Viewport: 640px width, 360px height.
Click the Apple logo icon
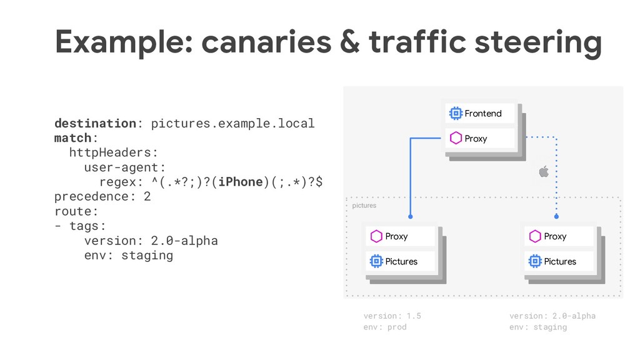[544, 171]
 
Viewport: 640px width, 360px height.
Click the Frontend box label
[483, 113]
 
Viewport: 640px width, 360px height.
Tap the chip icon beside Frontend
[455, 113]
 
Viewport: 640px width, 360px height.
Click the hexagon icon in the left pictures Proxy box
[376, 236]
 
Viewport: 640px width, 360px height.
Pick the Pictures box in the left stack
[400, 261]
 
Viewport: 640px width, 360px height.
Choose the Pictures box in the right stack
[559, 261]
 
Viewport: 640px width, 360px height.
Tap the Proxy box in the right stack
[559, 236]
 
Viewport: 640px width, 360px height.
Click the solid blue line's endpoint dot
[411, 217]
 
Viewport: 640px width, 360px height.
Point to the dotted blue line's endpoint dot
[556, 217]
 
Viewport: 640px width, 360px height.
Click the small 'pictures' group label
[364, 205]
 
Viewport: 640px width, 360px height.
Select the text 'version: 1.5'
[392, 316]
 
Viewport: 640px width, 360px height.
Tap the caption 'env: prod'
[384, 327]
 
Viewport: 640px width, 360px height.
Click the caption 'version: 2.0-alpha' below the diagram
[552, 316]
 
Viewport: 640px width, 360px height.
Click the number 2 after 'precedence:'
[147, 196]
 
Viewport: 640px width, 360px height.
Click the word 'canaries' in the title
[266, 42]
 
